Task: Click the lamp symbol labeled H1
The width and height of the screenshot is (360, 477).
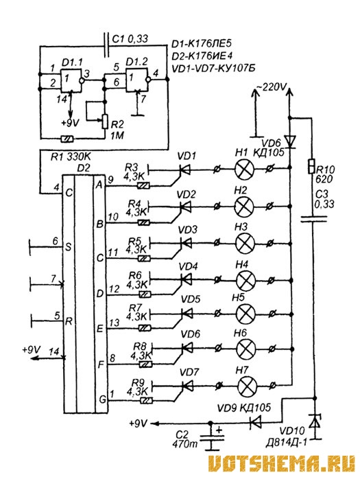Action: tap(245, 168)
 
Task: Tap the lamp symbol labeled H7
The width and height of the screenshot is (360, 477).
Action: tap(247, 386)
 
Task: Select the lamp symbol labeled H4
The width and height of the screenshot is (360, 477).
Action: tap(245, 279)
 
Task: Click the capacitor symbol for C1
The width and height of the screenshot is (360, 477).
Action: tap(106, 45)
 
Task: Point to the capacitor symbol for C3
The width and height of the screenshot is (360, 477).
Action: tap(313, 219)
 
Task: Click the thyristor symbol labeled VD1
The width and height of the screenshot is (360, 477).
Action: tap(183, 170)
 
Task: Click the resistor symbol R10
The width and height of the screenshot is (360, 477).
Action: tap(311, 166)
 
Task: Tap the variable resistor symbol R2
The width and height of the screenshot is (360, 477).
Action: tap(105, 121)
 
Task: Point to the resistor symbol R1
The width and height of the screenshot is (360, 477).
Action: tap(67, 139)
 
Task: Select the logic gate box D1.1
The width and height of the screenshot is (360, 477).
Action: tap(71, 80)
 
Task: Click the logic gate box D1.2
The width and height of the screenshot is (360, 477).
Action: tap(137, 80)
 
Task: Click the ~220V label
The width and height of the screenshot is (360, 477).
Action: tap(272, 88)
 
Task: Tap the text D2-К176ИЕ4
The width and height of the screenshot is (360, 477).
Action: tap(202, 56)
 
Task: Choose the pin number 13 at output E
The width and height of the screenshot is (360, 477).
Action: tap(114, 323)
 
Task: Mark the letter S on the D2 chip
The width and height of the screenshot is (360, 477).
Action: tap(68, 247)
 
